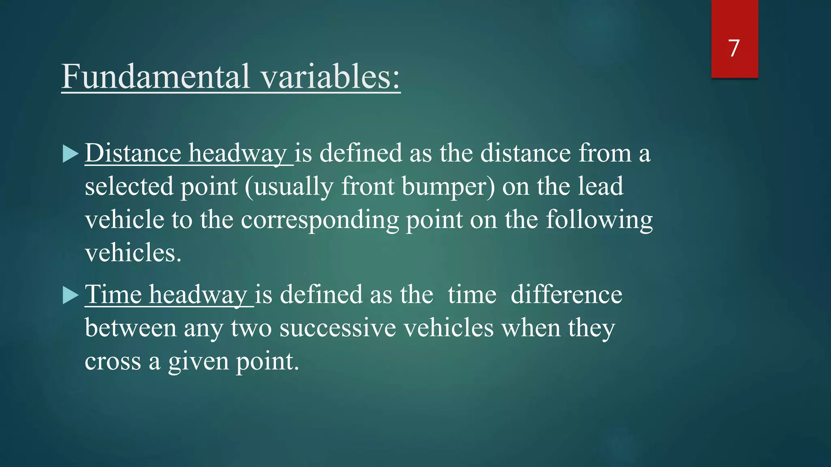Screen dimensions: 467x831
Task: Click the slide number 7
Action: pyautogui.click(x=734, y=48)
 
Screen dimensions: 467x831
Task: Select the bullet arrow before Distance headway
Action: pyautogui.click(x=71, y=154)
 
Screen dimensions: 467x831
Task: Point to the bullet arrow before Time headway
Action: pyautogui.click(x=71, y=295)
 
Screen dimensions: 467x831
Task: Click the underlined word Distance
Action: pyautogui.click(x=133, y=153)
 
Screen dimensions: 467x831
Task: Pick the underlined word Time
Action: pyautogui.click(x=113, y=294)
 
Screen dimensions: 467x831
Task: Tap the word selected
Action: pyautogui.click(x=129, y=186)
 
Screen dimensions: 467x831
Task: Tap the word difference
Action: pyautogui.click(x=566, y=294)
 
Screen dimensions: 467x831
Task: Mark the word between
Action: pyautogui.click(x=130, y=328)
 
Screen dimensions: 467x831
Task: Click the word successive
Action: pyautogui.click(x=338, y=328)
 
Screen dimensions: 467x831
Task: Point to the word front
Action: pyautogui.click(x=368, y=186)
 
